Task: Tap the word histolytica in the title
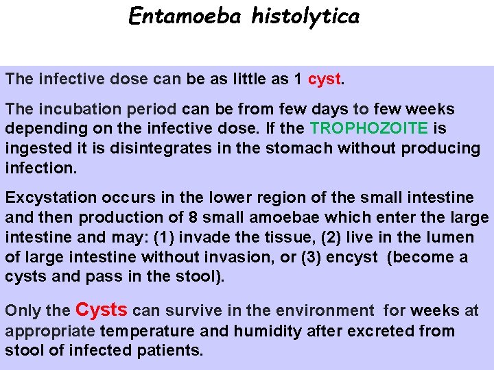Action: [305, 16]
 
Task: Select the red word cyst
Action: [325, 79]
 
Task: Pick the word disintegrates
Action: [122, 148]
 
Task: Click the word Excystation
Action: [51, 198]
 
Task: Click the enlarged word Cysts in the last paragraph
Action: [102, 310]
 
